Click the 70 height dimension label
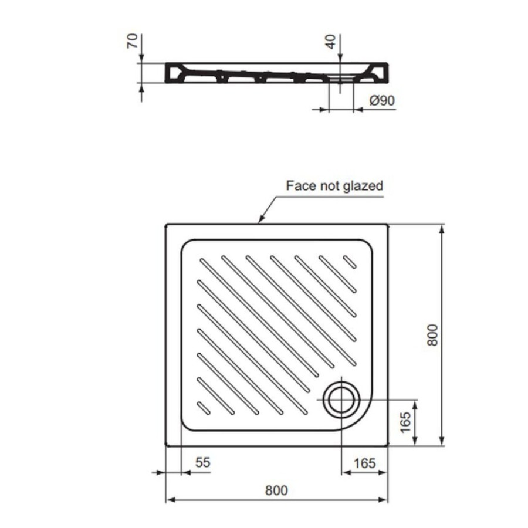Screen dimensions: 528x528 133,40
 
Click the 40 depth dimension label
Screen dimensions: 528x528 331,42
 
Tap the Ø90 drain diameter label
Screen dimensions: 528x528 382,100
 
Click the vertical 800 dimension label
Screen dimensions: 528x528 433,335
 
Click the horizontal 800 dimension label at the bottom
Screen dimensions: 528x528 276,490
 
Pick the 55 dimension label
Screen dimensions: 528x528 203,462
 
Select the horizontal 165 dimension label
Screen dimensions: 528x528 364,463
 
